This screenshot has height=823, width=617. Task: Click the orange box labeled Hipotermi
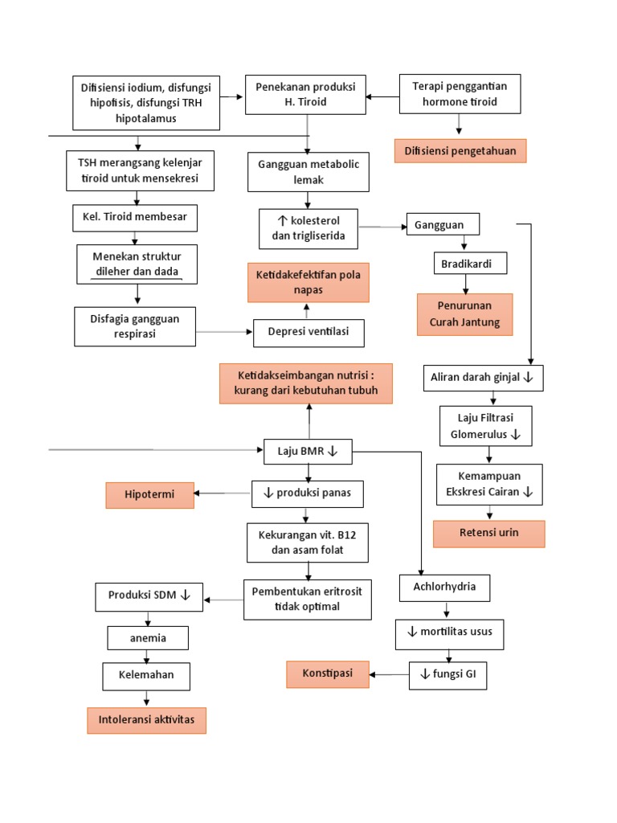coord(149,495)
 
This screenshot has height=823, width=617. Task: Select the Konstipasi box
coord(327,674)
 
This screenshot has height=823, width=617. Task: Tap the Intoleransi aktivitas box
coord(146,720)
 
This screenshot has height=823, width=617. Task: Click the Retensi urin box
coord(488,534)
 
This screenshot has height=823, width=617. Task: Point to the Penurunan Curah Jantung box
coord(464,314)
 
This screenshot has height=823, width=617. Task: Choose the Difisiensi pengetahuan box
coord(460,150)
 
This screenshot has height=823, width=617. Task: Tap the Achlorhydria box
coord(444,588)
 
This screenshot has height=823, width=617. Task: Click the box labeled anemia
coord(148,638)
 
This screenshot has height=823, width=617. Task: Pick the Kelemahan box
coord(146,676)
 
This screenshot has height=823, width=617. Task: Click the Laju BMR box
coord(308,452)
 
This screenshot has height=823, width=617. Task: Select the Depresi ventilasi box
coord(308,333)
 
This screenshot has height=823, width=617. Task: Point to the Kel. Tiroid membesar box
coord(134,217)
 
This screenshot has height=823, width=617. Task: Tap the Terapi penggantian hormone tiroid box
coord(460,94)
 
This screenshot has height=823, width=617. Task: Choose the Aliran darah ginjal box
coord(484,378)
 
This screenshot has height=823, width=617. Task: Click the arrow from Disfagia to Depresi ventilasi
coord(224,332)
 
